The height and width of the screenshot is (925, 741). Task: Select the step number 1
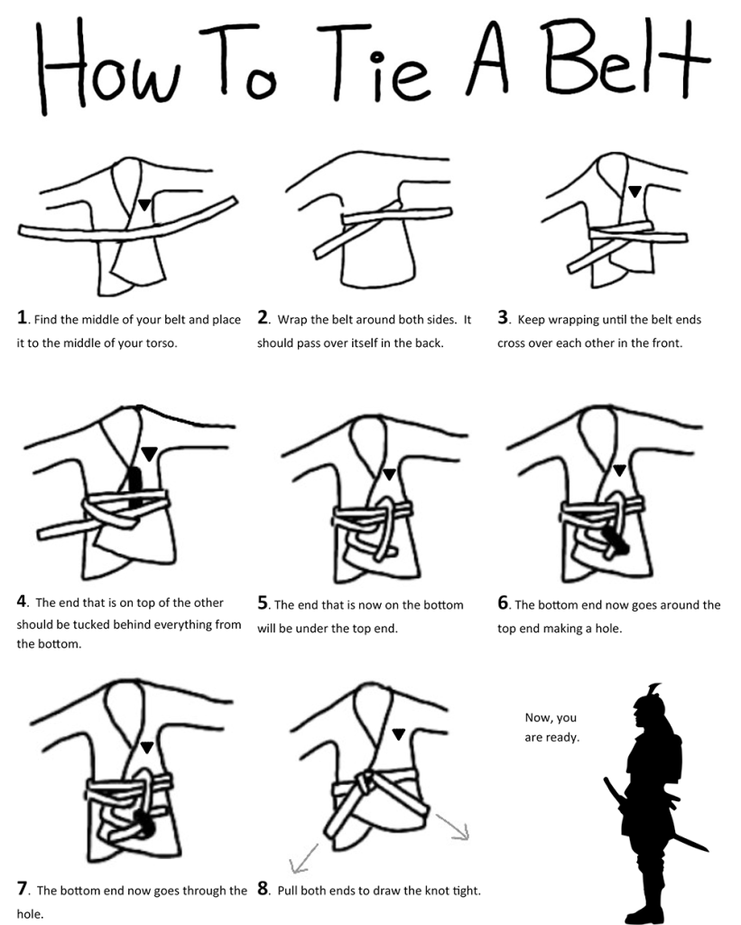tap(22, 318)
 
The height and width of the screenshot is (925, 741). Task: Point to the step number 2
tap(263, 318)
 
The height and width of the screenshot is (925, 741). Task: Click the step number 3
tap(504, 318)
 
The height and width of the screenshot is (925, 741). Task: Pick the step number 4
tap(22, 603)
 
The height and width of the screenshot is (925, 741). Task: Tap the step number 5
tap(263, 603)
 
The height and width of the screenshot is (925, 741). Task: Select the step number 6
tap(504, 603)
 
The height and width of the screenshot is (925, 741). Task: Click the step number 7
tap(22, 889)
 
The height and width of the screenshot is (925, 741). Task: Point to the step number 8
tap(263, 889)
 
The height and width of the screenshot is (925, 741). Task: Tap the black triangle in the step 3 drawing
tap(634, 191)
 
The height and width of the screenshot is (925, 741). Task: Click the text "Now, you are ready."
tap(551, 727)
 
